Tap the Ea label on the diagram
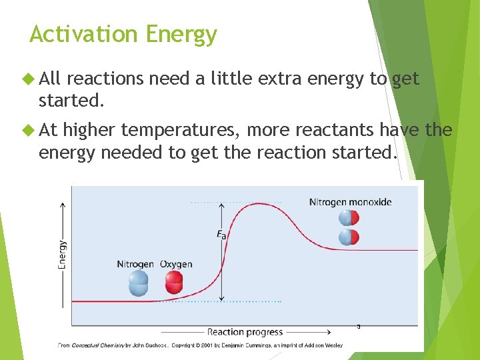click(221, 235)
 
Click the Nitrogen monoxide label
click(350, 202)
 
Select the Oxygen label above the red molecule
click(176, 264)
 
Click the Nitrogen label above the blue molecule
click(135, 264)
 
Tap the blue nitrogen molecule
click(139, 284)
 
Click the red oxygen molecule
click(173, 284)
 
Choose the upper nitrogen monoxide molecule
click(349, 218)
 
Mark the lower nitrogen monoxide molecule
click(349, 237)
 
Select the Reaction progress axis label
click(245, 332)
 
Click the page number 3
click(358, 327)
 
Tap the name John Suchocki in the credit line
click(150, 345)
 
